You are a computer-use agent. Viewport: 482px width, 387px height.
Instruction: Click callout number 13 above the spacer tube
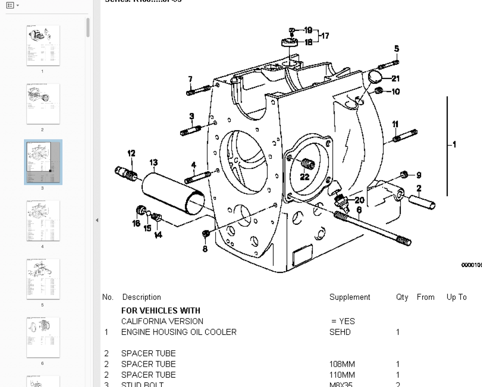153,162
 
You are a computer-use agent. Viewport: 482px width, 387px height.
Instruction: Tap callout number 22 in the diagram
305,177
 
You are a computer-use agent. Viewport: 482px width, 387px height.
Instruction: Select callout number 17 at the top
325,36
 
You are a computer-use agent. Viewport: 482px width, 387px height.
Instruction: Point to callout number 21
396,79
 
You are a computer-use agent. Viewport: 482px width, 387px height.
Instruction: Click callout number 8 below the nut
205,249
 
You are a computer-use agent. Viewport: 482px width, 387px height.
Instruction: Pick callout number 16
136,223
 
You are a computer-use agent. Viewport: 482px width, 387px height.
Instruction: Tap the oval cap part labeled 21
375,77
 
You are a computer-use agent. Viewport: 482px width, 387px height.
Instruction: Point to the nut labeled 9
404,174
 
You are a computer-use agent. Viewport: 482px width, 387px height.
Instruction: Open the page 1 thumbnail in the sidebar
43,45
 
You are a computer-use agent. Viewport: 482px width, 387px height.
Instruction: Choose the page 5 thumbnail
43,279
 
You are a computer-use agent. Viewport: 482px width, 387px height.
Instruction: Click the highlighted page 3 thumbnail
43,162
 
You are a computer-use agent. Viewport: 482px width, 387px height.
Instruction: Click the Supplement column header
350,297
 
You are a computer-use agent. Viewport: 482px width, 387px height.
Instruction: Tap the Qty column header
402,297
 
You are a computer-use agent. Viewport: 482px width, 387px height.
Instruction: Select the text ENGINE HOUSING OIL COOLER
179,332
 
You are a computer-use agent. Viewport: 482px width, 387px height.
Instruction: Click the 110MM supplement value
342,375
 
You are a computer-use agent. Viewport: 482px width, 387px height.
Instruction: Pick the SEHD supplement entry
340,332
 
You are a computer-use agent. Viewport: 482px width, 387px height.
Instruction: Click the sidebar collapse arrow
97,220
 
